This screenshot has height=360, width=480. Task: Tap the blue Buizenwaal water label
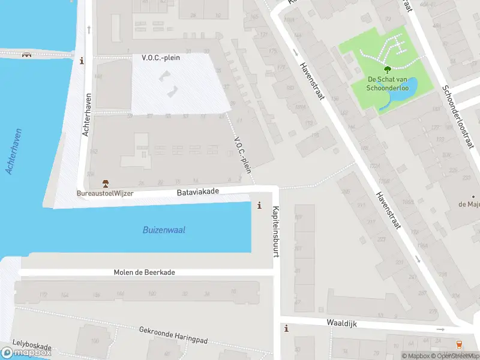[163, 230]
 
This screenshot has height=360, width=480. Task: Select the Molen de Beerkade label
[145, 272]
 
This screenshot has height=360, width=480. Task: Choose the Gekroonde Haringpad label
[173, 335]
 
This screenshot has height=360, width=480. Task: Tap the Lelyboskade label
[32, 346]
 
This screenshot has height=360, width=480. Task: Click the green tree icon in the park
[387, 70]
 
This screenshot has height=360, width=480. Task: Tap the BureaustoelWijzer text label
[104, 194]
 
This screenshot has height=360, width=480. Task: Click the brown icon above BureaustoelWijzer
[105, 183]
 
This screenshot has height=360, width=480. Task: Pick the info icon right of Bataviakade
[259, 205]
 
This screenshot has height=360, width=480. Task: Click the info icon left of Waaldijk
[287, 328]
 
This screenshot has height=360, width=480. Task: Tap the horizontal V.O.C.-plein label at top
[161, 58]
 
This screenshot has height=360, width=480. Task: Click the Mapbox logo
[26, 352]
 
